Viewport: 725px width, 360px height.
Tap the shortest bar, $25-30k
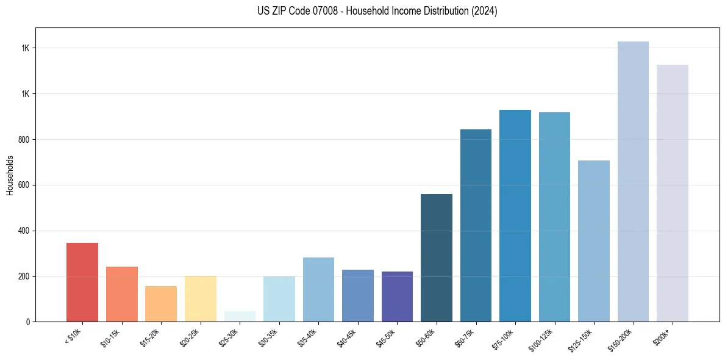click(240, 317)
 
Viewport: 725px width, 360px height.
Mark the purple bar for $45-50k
click(397, 297)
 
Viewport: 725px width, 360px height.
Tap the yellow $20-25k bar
click(200, 299)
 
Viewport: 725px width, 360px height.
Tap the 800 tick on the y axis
click(24, 140)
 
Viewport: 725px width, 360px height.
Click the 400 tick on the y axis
click(24, 231)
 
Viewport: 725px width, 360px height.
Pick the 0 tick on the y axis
click(28, 322)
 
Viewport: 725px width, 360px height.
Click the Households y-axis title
click(10, 175)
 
